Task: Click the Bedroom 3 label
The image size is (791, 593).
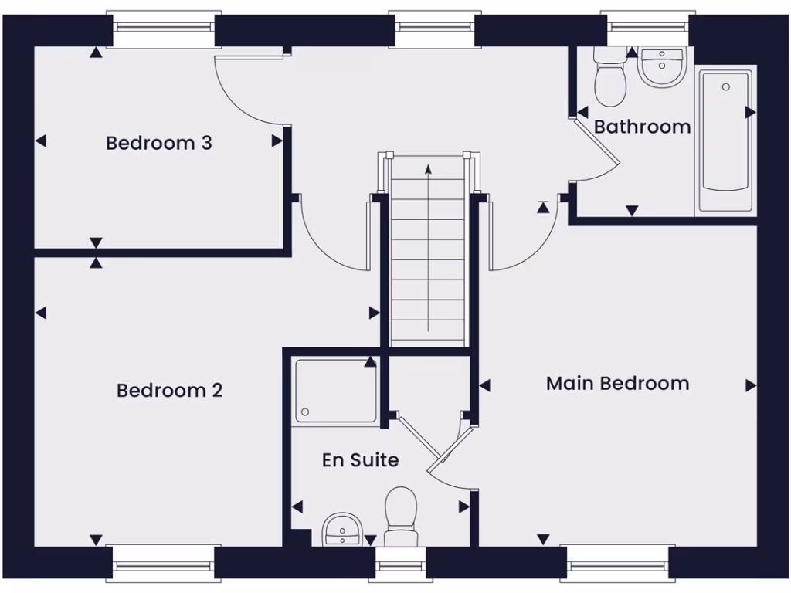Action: pyautogui.click(x=158, y=143)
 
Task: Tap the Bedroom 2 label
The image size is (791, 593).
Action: pyautogui.click(x=169, y=391)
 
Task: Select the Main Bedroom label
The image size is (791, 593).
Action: pyautogui.click(x=617, y=383)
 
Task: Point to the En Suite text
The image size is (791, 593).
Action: pyautogui.click(x=360, y=460)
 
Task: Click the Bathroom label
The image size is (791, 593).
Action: pyautogui.click(x=642, y=127)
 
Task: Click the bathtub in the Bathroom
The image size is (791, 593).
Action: pyautogui.click(x=725, y=140)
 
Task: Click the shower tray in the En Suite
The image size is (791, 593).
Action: pyautogui.click(x=336, y=390)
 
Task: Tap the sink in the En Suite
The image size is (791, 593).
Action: pyautogui.click(x=341, y=530)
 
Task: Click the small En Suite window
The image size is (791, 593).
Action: pyautogui.click(x=400, y=568)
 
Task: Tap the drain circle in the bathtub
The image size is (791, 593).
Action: pyautogui.click(x=725, y=87)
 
